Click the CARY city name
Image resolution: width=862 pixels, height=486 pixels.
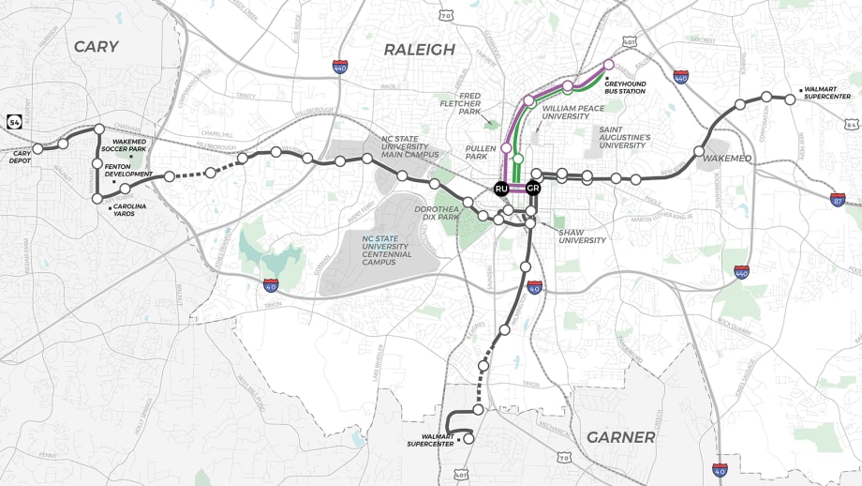97,47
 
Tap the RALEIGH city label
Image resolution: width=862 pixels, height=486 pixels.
419,49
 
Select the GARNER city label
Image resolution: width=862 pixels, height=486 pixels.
619,437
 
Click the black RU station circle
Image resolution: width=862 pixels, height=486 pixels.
501,189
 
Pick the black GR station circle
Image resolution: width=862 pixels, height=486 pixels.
532,189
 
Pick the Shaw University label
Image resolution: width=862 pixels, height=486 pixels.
583,235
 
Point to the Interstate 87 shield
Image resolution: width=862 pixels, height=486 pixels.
838,199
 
